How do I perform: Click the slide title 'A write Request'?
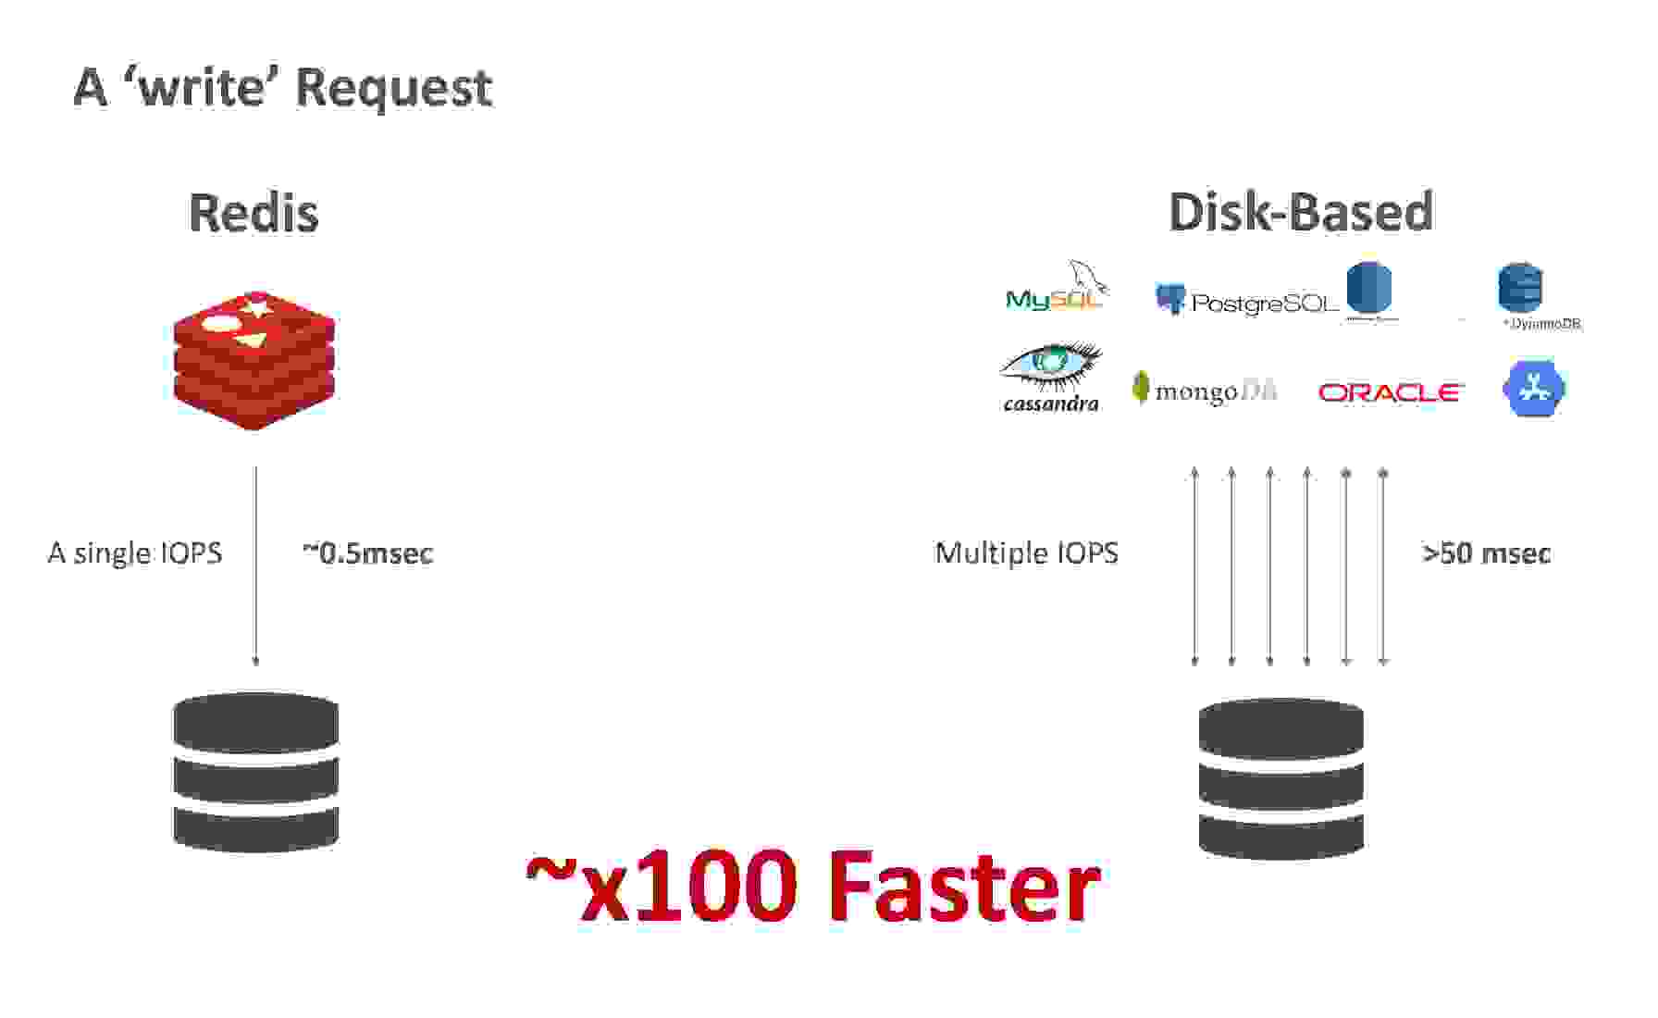(x=282, y=88)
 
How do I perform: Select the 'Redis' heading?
(x=254, y=213)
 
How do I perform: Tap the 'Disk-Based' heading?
(x=1300, y=212)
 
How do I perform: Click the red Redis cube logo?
(x=254, y=360)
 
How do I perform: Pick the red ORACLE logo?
(x=1389, y=392)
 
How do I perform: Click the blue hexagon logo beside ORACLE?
(x=1533, y=389)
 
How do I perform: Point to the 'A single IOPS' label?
(x=135, y=553)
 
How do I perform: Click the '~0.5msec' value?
(x=367, y=553)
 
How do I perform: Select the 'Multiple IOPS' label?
(x=1026, y=553)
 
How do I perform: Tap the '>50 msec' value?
(x=1486, y=553)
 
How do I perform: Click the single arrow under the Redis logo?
(x=256, y=565)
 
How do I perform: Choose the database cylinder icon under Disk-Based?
(x=1281, y=778)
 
